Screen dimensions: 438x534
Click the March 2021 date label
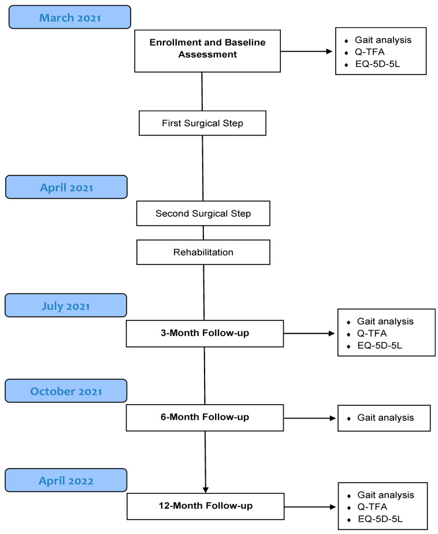70,17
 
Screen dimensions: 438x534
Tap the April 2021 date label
66,187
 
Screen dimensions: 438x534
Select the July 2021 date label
66,305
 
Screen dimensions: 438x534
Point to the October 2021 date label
66,391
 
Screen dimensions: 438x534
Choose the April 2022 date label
66,480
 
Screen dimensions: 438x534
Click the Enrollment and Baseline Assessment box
207,51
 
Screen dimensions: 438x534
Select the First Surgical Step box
202,123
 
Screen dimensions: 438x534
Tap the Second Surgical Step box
203,213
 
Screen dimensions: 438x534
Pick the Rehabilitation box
203,252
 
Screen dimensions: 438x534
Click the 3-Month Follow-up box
205,334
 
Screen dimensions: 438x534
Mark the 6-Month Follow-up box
205,417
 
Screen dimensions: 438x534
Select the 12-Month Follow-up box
206,506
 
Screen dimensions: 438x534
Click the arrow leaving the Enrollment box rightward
306,51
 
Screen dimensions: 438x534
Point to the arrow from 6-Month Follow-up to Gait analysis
310,418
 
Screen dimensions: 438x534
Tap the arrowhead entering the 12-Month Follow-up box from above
206,490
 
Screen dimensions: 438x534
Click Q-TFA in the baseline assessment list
370,52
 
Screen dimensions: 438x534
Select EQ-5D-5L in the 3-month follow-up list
380,346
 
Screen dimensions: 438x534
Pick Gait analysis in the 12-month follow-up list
386,495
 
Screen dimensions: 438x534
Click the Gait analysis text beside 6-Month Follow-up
385,417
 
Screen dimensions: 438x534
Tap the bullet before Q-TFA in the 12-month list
348,508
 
